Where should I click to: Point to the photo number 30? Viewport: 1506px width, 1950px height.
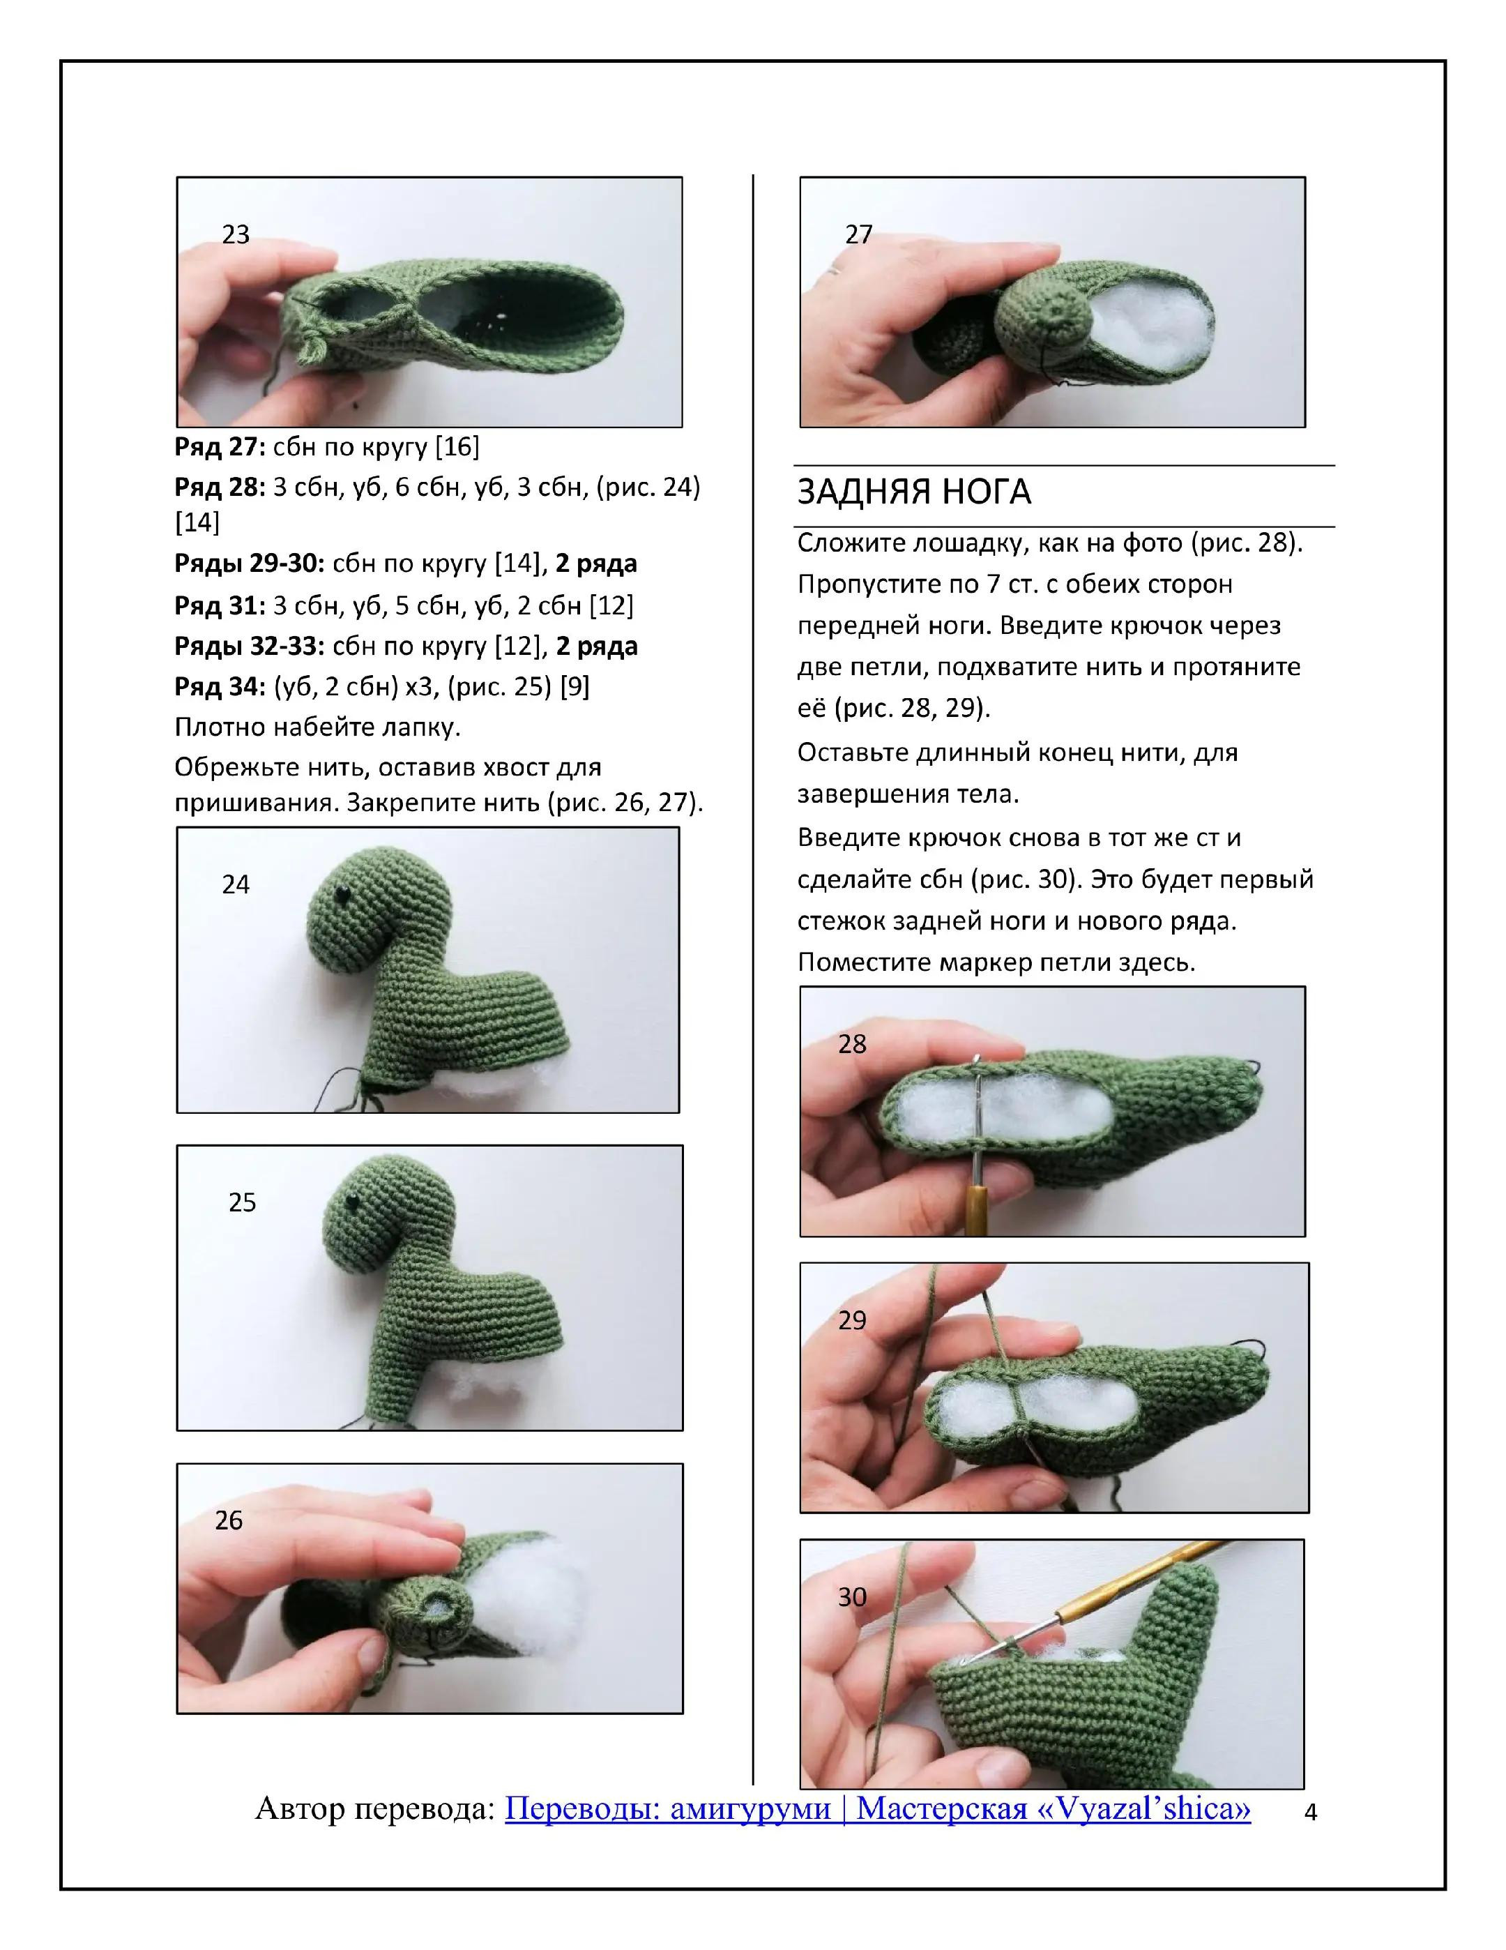(x=851, y=1596)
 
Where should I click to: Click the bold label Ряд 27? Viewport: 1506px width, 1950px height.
(x=220, y=446)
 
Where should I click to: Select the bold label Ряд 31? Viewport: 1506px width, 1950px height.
(x=220, y=605)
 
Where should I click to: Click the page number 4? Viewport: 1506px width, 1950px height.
(x=1311, y=1813)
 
